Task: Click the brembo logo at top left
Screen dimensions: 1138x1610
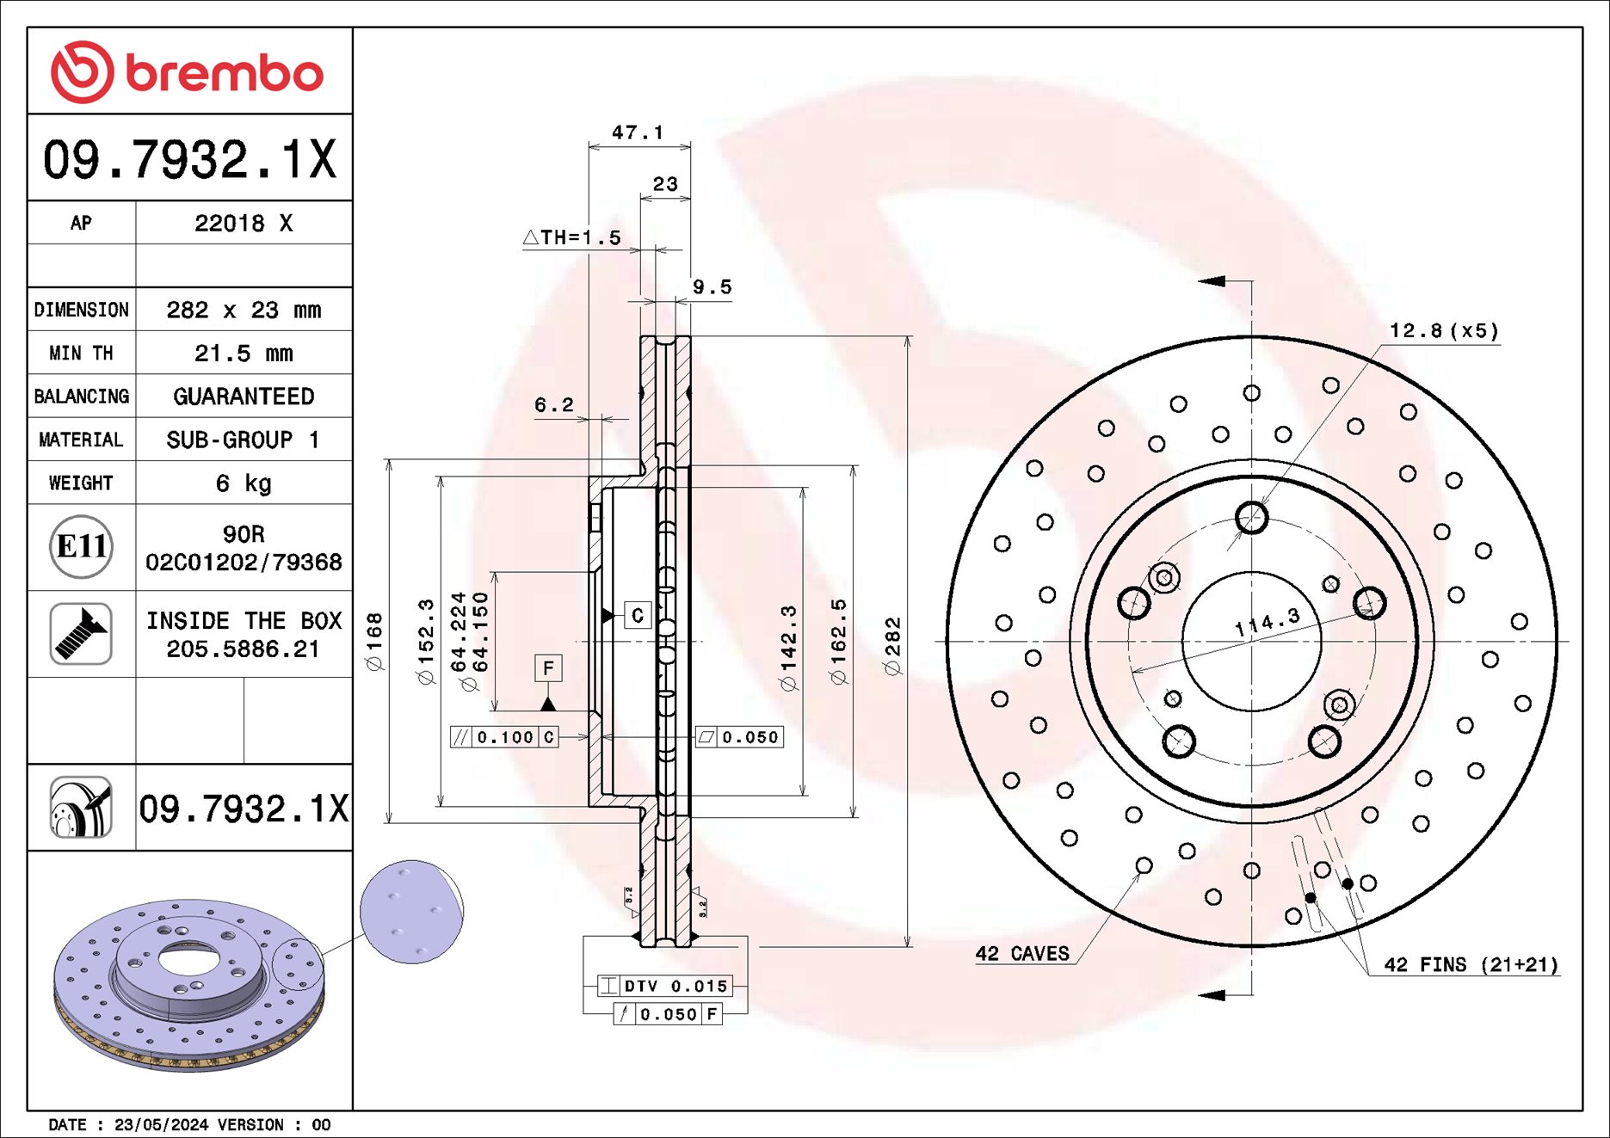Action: coord(187,72)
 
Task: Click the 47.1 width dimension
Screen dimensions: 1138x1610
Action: coord(638,132)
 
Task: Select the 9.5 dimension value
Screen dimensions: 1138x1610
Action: coord(712,287)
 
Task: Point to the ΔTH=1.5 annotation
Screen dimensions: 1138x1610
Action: coord(572,237)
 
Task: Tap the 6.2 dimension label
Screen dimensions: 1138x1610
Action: coord(553,404)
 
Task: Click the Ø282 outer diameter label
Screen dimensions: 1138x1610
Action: coord(892,645)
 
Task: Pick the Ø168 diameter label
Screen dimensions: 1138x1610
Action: coord(374,641)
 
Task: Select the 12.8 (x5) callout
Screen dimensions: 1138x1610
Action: coord(1444,331)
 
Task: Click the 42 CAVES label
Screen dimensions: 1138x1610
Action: coord(1022,954)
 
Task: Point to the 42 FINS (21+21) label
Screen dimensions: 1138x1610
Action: coord(1471,965)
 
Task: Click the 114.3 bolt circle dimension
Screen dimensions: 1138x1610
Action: coord(1267,621)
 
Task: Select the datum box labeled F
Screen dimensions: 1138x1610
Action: coord(548,668)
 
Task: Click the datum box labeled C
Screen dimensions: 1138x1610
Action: coord(638,615)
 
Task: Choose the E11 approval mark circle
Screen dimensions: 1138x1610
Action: coord(81,546)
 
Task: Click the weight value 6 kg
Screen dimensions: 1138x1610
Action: coord(244,483)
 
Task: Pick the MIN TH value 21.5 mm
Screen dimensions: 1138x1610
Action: coord(244,353)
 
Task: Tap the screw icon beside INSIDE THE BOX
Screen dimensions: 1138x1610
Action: coord(81,634)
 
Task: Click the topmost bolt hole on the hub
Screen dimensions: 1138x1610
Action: coord(1251,518)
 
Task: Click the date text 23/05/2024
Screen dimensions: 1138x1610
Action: coord(161,1124)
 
